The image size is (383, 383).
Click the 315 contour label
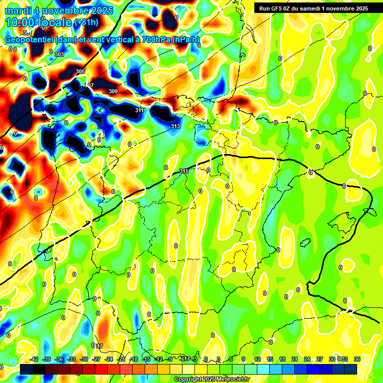[x=184, y=171]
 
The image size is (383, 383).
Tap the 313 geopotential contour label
[x=176, y=126]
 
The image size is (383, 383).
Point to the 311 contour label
[x=140, y=110]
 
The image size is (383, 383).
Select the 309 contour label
[x=113, y=91]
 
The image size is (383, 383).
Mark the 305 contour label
[x=80, y=71]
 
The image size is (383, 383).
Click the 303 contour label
[x=59, y=54]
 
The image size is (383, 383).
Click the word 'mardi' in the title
[x=18, y=10]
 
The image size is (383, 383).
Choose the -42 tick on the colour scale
[x=34, y=359]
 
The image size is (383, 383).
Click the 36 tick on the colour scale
[x=357, y=359]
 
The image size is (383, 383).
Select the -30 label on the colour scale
[x=84, y=359]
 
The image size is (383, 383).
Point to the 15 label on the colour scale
[x=270, y=359]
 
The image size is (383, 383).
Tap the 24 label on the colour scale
[x=307, y=359]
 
